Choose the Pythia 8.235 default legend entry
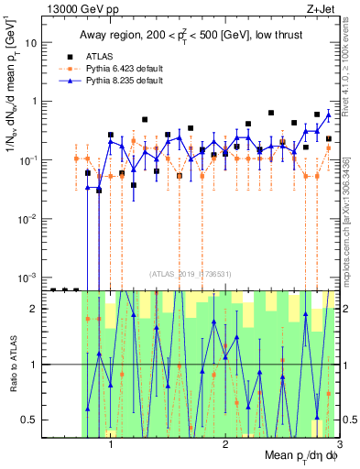pos(119,81)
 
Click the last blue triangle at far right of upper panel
pos(329,115)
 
